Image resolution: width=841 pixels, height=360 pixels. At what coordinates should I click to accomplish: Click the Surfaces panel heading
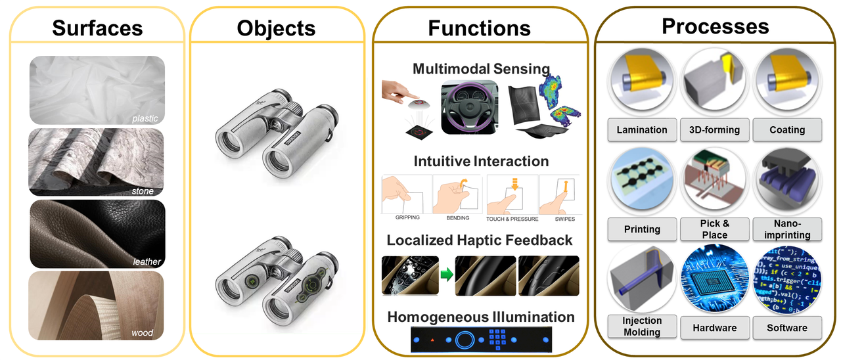(x=97, y=28)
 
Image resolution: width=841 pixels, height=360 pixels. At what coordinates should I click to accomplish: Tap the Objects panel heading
(x=276, y=28)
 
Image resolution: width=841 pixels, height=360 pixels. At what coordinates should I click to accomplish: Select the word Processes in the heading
(x=715, y=26)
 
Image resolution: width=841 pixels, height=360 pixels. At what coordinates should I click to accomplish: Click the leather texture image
(x=97, y=233)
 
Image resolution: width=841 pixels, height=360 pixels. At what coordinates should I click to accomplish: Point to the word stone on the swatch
(x=143, y=191)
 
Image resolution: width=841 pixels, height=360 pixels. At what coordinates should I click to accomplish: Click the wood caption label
(x=142, y=332)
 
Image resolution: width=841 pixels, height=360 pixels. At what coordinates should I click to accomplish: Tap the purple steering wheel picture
(x=471, y=106)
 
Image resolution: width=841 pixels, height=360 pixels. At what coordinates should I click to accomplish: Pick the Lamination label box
(x=641, y=130)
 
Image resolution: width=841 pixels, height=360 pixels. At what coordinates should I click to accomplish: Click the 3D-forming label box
(x=715, y=130)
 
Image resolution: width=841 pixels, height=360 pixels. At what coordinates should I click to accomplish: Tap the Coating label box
(x=787, y=130)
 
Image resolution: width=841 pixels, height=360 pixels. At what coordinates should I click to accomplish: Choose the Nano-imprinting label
(x=787, y=229)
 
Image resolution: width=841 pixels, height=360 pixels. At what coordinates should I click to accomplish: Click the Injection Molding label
(x=641, y=326)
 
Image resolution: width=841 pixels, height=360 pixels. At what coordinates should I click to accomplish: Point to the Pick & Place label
(x=715, y=229)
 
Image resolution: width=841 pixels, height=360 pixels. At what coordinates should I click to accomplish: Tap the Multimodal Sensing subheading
(x=481, y=68)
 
